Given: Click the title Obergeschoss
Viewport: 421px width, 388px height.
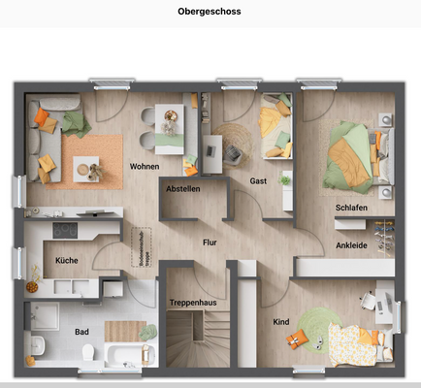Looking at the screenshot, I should (x=210, y=13).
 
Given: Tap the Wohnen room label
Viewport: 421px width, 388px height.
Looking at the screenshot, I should (x=145, y=167).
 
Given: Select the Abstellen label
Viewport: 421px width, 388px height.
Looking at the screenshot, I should (x=183, y=188).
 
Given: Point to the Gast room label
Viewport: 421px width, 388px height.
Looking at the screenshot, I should (x=258, y=181).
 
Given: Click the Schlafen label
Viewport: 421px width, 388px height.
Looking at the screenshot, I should (x=351, y=209).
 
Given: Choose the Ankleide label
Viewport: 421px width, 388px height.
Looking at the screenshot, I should (x=351, y=245).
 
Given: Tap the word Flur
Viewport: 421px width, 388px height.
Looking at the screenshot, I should (x=209, y=242).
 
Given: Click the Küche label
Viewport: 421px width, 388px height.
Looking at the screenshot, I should (x=66, y=260).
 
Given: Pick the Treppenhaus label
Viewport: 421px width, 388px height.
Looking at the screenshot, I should (x=193, y=303).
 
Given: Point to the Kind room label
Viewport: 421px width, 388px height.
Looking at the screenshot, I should (x=281, y=321).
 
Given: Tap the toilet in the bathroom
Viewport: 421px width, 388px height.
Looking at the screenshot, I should (x=37, y=345).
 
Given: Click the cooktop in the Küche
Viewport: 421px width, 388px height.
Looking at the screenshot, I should (x=66, y=231).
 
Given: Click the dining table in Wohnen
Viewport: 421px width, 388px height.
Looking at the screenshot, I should (x=172, y=123).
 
